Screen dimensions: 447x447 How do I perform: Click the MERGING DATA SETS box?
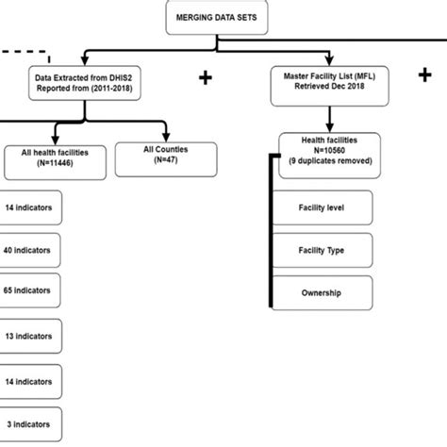tap(215, 16)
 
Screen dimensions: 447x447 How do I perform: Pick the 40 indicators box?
tap(28, 250)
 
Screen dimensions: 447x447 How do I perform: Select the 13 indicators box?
tap(28, 335)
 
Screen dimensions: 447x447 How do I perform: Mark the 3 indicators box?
tap(28, 425)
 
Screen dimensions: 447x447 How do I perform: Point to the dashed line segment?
tap(23, 51)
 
